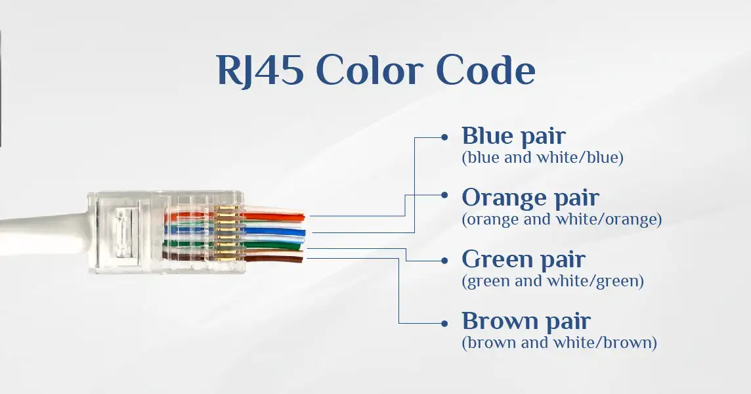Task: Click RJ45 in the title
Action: coord(260,70)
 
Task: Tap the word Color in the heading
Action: coord(370,70)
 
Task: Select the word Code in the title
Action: coord(486,70)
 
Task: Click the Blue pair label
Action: coord(513,136)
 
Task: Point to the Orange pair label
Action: coord(530,198)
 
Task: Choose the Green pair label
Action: coord(523,260)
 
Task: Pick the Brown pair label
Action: coord(526,322)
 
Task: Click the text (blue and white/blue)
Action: coord(543,158)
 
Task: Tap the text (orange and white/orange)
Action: coord(562,219)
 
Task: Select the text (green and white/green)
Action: coord(553,281)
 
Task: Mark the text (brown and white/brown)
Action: coord(559,343)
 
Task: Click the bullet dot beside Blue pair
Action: coord(444,137)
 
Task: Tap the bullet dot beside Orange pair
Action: coord(444,195)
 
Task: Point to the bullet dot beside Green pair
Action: coord(444,261)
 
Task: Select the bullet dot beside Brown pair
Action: coord(444,324)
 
